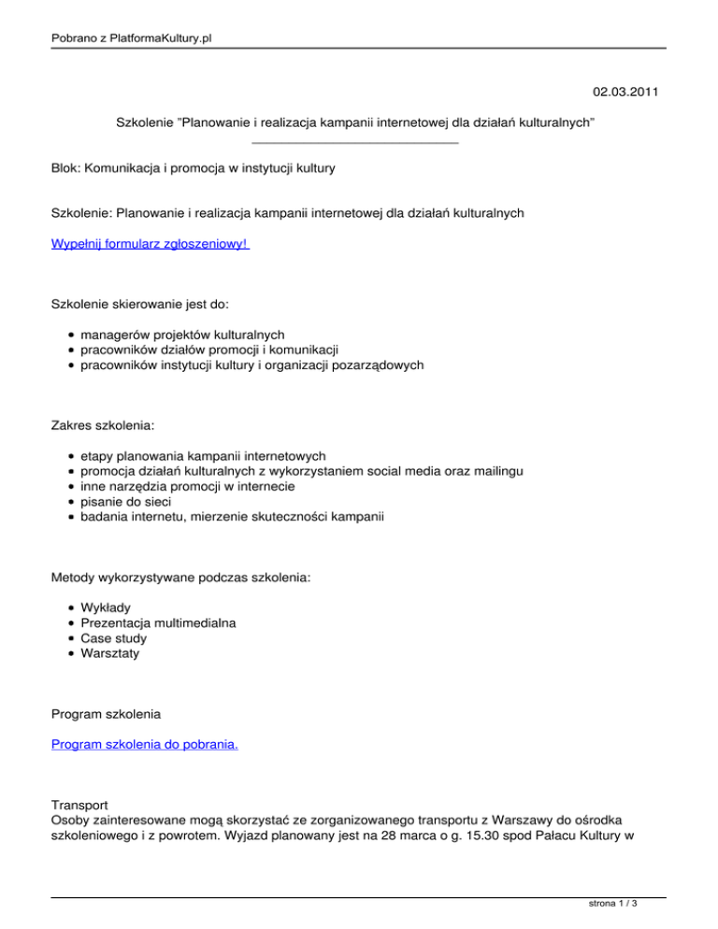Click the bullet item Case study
(x=114, y=638)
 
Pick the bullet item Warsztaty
(x=110, y=654)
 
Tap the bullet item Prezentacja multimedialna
(x=158, y=622)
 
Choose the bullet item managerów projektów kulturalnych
(x=182, y=334)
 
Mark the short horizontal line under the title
(x=355, y=143)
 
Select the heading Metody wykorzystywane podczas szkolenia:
(x=181, y=579)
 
